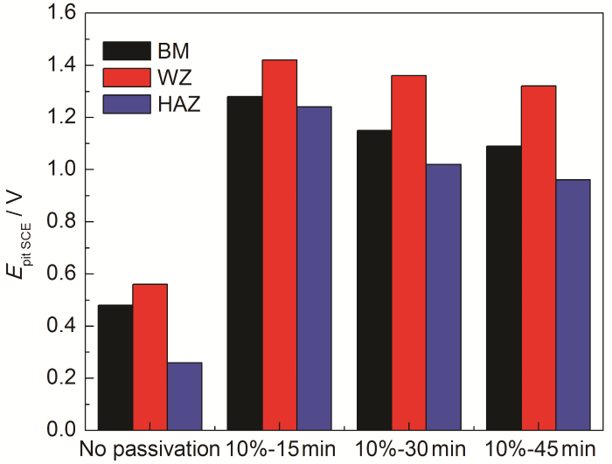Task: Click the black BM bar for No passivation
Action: tap(115, 367)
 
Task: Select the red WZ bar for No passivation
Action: tap(150, 357)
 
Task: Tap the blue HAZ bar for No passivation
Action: tap(184, 396)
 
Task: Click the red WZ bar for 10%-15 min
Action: tap(279, 245)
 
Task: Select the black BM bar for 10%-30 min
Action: tap(373, 280)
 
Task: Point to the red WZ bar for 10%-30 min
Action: tap(408, 253)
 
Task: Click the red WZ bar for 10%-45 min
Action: tap(538, 258)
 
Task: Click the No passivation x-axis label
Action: tap(150, 450)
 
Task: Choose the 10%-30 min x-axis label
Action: tap(408, 450)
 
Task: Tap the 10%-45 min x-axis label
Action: tap(539, 450)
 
